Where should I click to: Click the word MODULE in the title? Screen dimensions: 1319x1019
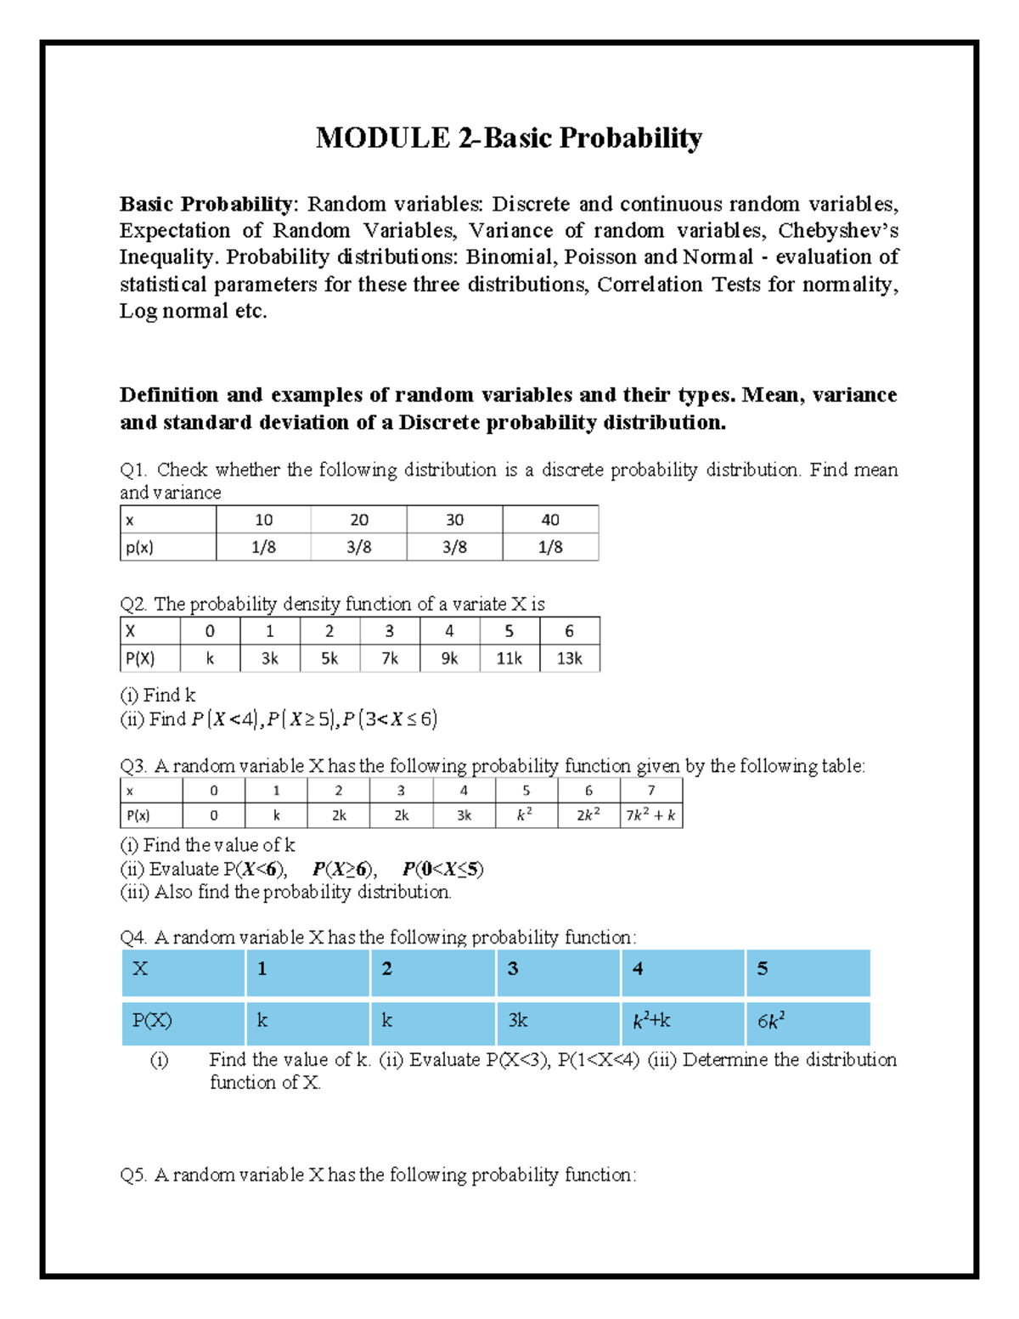tap(382, 138)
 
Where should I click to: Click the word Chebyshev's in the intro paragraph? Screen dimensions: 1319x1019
tap(837, 230)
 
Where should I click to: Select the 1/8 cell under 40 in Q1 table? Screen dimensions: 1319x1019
tap(550, 547)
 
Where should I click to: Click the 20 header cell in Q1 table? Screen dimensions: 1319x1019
tap(359, 520)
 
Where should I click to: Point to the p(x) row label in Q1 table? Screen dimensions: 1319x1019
tap(140, 547)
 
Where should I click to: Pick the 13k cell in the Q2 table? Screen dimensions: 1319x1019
tap(569, 658)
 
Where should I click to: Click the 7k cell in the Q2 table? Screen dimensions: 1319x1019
tap(390, 658)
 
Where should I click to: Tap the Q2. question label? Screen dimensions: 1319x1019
tap(133, 604)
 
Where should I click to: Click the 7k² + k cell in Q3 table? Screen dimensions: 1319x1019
tap(650, 815)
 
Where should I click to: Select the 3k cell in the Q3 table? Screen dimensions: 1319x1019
tap(464, 815)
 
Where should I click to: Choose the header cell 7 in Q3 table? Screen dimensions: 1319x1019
tap(650, 791)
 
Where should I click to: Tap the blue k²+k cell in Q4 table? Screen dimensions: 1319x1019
tap(651, 1021)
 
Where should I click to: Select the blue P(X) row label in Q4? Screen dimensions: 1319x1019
tap(152, 1021)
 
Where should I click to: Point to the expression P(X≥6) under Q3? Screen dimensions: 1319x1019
tap(344, 869)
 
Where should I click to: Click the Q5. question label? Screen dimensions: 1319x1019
tap(133, 1175)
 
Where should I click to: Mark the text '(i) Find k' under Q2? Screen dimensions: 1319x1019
tap(158, 695)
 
